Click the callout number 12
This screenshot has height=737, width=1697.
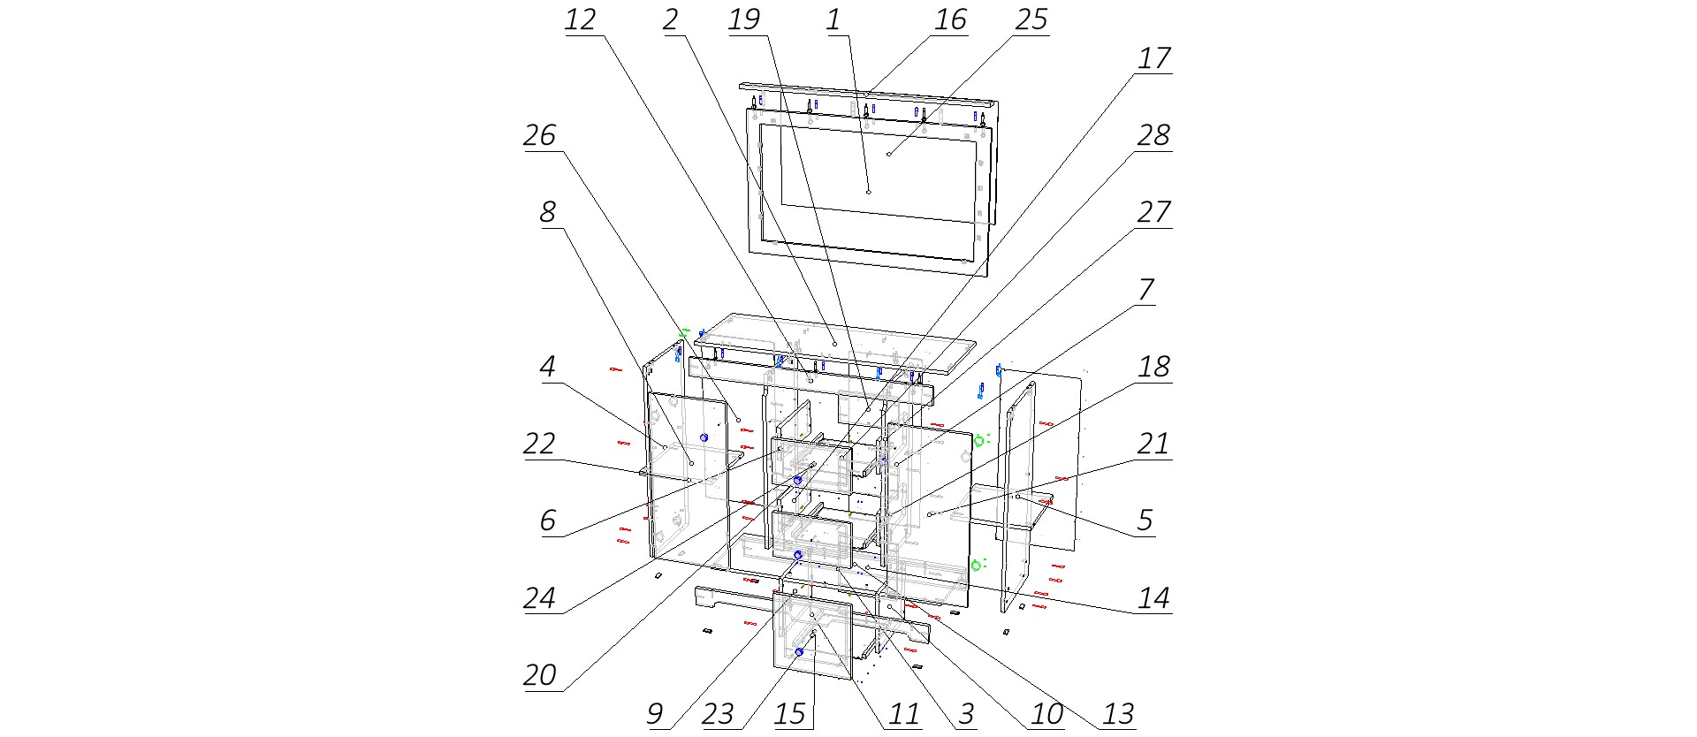pyautogui.click(x=581, y=19)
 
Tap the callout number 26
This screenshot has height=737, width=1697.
pyautogui.click(x=540, y=135)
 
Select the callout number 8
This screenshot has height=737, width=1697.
pyautogui.click(x=548, y=212)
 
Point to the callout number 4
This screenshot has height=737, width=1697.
pyautogui.click(x=548, y=367)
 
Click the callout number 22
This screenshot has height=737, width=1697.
pyautogui.click(x=540, y=444)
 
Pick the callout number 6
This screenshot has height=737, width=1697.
pyautogui.click(x=548, y=520)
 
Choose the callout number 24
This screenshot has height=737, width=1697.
pyautogui.click(x=540, y=598)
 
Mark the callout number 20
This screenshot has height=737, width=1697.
pyautogui.click(x=540, y=675)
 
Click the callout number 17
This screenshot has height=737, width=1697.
pyautogui.click(x=1154, y=58)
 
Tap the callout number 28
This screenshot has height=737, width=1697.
pyautogui.click(x=1154, y=135)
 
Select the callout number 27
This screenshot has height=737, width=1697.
pyautogui.click(x=1154, y=212)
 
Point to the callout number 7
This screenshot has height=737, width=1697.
pyautogui.click(x=1146, y=290)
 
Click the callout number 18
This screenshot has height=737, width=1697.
pyautogui.click(x=1154, y=367)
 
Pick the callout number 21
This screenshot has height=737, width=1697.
pyautogui.click(x=1154, y=444)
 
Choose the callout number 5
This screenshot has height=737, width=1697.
pyautogui.click(x=1145, y=520)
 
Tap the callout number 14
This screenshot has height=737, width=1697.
pyautogui.click(x=1154, y=598)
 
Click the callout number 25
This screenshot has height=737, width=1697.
pyautogui.click(x=1031, y=19)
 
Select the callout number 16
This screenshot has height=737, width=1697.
pyautogui.click(x=951, y=19)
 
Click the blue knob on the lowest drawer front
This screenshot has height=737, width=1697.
pyautogui.click(x=798, y=652)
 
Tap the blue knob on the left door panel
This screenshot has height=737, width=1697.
pyautogui.click(x=704, y=438)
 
